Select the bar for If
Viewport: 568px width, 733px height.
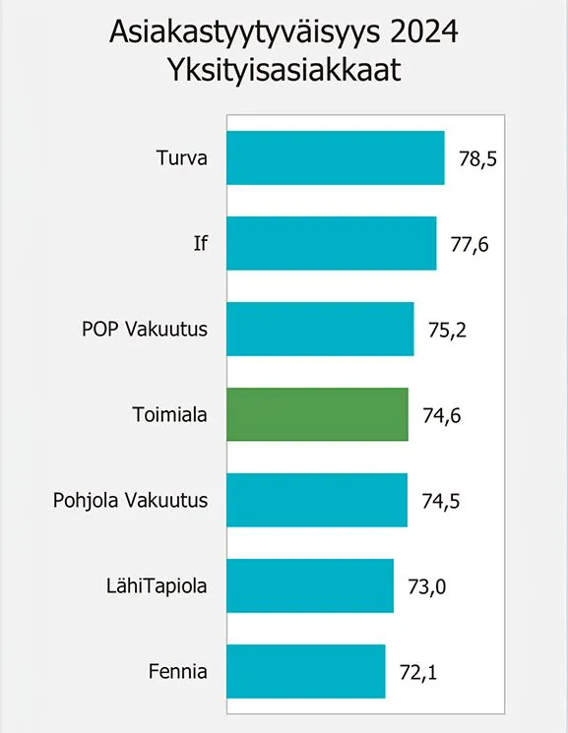click(332, 243)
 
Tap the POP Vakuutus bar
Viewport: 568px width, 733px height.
click(320, 329)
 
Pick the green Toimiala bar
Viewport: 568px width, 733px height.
click(317, 414)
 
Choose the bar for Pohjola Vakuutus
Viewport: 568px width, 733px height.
click(317, 500)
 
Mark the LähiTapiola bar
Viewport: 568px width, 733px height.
click(310, 585)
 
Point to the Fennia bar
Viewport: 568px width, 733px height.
click(306, 671)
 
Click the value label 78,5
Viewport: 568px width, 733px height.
click(478, 158)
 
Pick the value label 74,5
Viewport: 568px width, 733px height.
click(441, 501)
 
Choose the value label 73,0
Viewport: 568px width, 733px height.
click(427, 586)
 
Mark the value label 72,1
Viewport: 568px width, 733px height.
click(418, 672)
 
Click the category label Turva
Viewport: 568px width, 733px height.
click(182, 158)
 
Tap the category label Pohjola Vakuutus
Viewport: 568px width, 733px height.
click(131, 501)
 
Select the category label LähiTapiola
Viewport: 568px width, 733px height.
click(158, 586)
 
